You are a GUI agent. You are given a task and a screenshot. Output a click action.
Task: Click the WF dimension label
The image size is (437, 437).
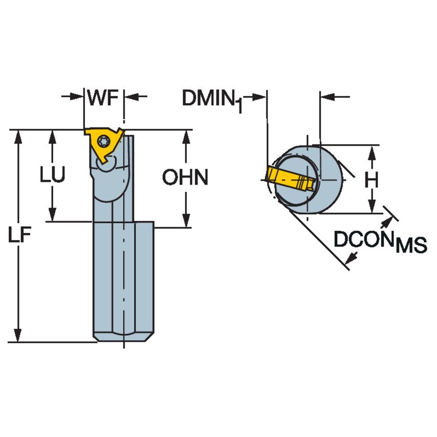104,97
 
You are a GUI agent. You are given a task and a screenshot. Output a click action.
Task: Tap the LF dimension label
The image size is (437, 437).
20,236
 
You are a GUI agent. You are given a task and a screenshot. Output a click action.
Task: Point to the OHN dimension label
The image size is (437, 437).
185,178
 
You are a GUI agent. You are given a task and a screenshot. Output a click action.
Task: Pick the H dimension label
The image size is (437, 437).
372,180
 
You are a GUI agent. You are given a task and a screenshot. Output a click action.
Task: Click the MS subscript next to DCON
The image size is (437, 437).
411,247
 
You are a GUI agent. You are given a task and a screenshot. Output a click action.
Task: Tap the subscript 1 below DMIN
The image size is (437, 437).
238,106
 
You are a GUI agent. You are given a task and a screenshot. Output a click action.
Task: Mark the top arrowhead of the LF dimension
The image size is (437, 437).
19,136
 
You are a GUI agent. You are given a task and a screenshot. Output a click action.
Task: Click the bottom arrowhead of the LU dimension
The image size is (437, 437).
53,215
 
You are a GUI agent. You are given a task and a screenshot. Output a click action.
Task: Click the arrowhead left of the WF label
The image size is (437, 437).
77,96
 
